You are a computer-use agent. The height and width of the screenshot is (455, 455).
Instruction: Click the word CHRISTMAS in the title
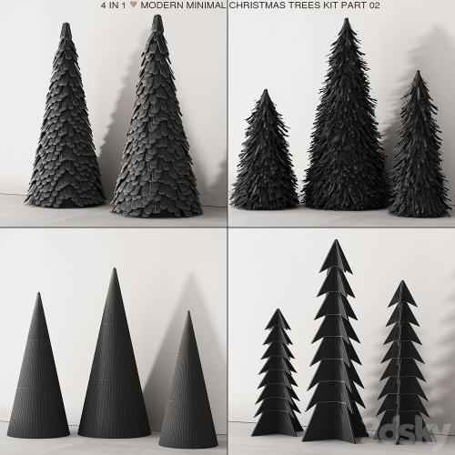[258, 5]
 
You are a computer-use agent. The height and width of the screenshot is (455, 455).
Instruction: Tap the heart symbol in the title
[133, 5]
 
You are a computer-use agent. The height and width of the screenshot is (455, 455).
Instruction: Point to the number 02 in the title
[374, 5]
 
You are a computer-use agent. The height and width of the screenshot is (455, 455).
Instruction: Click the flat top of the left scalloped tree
[66, 25]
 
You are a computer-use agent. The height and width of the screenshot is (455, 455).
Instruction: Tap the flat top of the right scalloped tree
[157, 16]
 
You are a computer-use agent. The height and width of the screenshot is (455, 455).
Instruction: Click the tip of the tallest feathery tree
[346, 19]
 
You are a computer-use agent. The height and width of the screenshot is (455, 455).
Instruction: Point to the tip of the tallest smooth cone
[114, 268]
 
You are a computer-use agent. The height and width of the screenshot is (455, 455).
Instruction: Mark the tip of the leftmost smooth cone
[38, 293]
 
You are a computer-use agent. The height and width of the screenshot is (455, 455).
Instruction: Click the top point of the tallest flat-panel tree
[336, 240]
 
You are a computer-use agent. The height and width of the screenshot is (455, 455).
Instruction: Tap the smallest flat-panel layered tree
[278, 372]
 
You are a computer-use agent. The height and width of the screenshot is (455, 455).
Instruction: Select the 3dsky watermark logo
[408, 430]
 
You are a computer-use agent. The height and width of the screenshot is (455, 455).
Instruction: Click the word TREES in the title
[304, 5]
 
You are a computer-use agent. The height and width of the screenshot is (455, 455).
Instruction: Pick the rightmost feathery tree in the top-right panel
[419, 144]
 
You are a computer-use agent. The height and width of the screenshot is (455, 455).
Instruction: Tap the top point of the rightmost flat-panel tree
[402, 281]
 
